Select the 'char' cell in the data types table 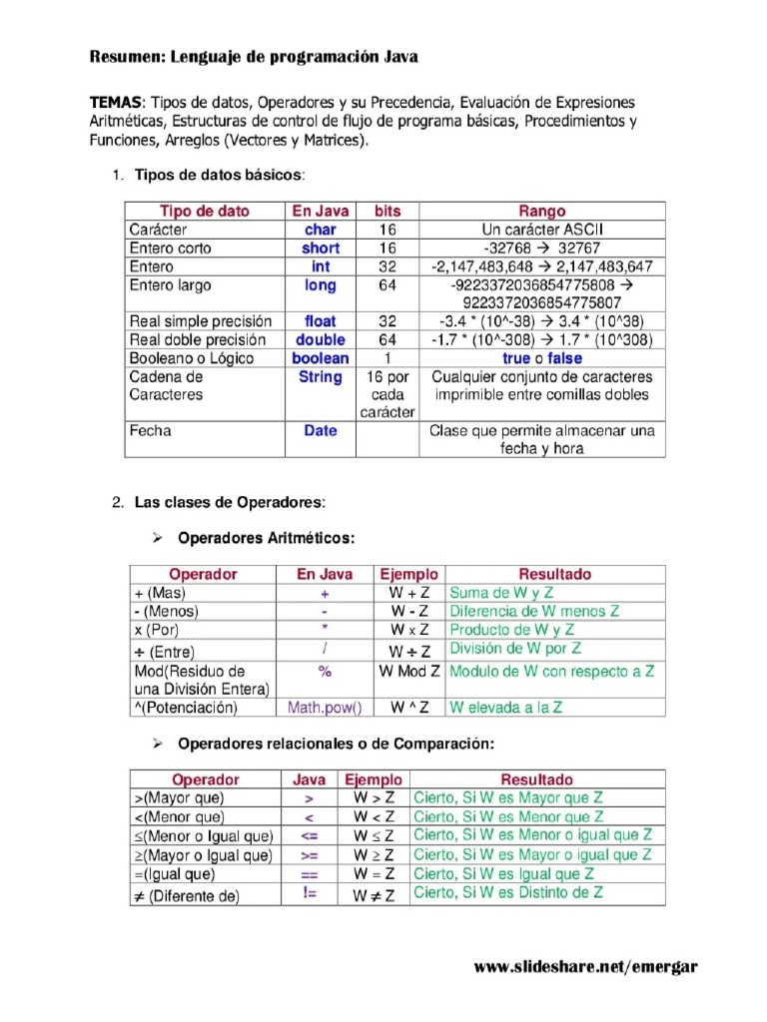[320, 230]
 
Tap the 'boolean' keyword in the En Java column [320, 358]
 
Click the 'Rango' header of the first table [541, 211]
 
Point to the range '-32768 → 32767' [541, 248]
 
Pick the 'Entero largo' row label [171, 285]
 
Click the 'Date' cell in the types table [320, 431]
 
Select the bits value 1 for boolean [387, 358]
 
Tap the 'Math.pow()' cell [325, 708]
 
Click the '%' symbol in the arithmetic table [325, 672]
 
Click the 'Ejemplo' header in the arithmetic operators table [408, 574]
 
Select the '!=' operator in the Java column [310, 894]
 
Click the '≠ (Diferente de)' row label [187, 896]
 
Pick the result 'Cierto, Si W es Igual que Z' [504, 874]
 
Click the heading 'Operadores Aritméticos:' [266, 538]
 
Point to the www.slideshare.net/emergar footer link [585, 967]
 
